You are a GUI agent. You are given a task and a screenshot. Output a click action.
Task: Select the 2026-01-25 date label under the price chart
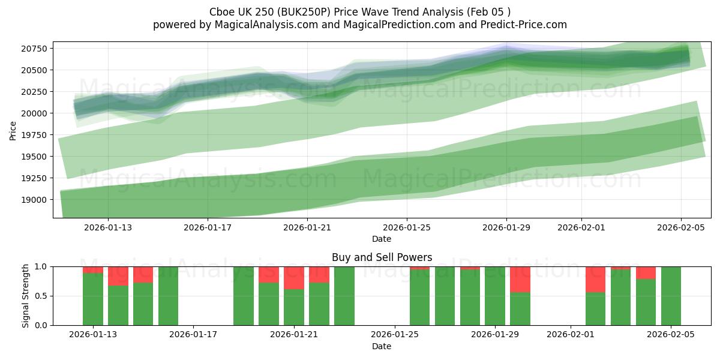click(x=407, y=227)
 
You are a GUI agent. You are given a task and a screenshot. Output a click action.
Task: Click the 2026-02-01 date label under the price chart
click(x=581, y=227)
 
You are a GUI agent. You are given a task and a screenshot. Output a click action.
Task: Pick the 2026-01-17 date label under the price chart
click(x=208, y=227)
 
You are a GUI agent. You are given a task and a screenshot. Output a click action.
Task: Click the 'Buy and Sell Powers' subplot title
click(x=382, y=257)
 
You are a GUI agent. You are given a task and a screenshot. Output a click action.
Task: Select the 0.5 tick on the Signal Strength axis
click(x=42, y=296)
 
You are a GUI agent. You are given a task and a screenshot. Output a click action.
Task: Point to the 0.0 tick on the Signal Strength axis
click(x=42, y=325)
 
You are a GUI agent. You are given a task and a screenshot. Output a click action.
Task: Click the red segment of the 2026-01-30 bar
click(x=520, y=279)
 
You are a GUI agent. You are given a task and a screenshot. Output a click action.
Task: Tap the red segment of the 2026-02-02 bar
click(x=595, y=279)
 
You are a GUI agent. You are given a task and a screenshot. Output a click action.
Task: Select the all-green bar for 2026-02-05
click(x=671, y=296)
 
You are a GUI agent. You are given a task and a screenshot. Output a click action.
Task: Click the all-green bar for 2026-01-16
click(x=168, y=296)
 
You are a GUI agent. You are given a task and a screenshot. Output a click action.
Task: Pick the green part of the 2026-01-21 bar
click(x=294, y=307)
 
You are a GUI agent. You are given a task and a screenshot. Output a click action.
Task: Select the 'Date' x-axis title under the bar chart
click(x=382, y=346)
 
